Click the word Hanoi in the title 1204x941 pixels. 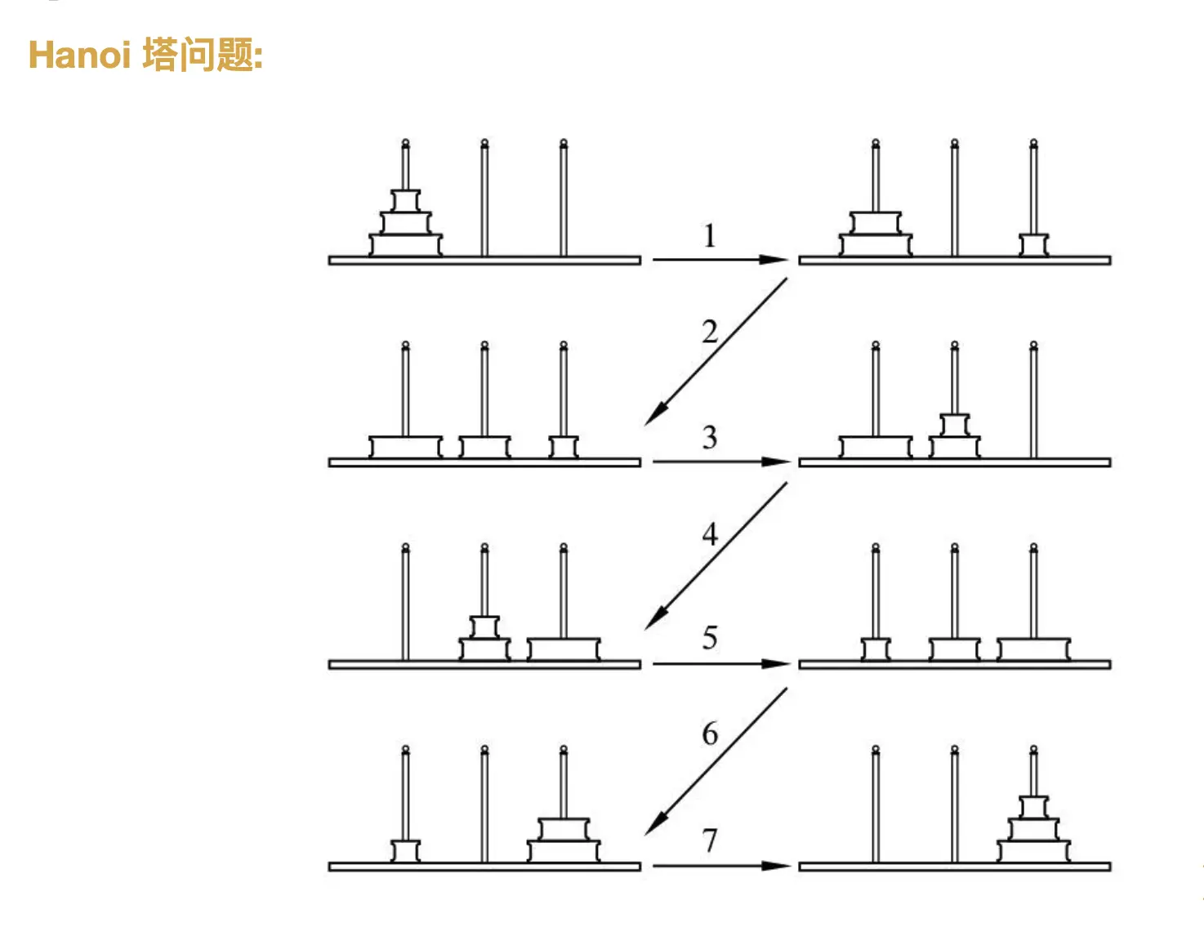(79, 56)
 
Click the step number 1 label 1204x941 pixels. (710, 236)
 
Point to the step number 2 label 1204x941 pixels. (710, 332)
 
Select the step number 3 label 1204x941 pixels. (710, 438)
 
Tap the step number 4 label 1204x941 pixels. (710, 534)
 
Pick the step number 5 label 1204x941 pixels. (710, 638)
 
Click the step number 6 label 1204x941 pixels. (710, 734)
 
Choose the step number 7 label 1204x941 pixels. (710, 840)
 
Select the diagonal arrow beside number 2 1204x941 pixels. (716, 351)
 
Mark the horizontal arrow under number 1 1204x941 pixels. (720, 260)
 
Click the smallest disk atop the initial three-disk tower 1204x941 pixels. (405, 201)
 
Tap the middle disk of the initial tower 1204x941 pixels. (405, 223)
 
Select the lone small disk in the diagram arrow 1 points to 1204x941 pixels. (1033, 244)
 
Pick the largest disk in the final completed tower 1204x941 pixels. (1033, 851)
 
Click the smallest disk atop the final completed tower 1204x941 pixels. (1033, 807)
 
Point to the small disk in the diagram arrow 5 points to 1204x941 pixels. (876, 649)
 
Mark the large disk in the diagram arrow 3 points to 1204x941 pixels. (876, 447)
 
